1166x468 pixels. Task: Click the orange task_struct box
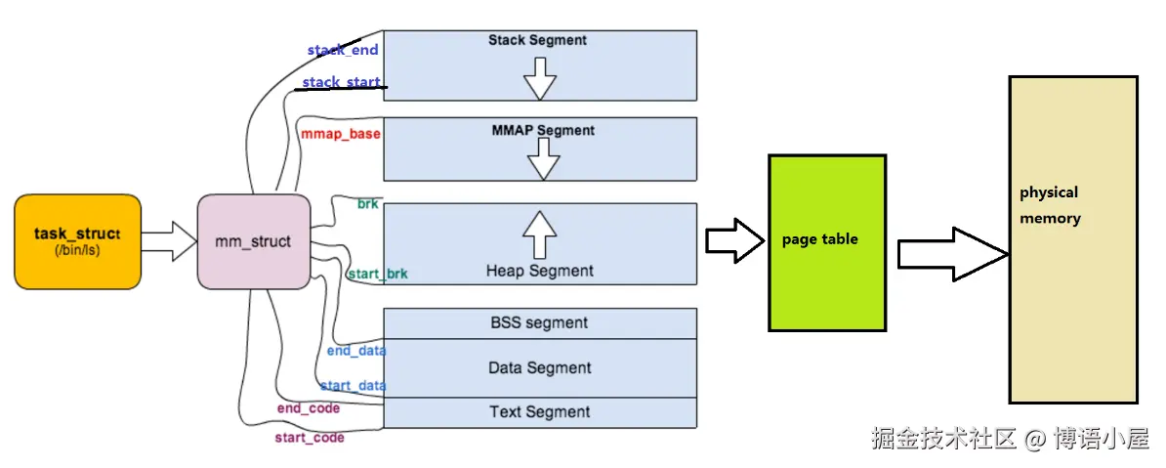(77, 241)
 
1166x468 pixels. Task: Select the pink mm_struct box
(252, 241)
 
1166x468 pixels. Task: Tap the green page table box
(827, 241)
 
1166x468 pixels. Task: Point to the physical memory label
(1050, 205)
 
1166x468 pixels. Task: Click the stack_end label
(342, 50)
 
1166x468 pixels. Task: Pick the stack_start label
(341, 82)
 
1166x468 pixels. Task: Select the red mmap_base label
(341, 133)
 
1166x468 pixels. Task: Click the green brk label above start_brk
(367, 204)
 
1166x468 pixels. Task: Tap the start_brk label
(377, 275)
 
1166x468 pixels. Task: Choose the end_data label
(355, 350)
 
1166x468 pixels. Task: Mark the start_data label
(353, 386)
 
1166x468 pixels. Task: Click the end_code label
(308, 408)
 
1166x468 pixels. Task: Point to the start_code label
(309, 438)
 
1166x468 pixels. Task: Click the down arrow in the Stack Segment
(539, 76)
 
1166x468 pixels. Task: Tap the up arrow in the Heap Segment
(539, 234)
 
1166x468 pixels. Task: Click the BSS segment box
(539, 322)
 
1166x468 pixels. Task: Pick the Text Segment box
(539, 412)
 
